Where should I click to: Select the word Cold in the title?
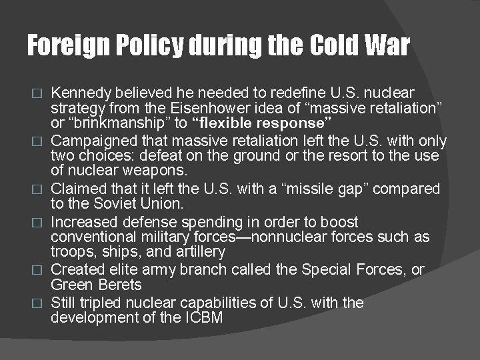334,45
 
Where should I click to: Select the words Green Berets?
97,285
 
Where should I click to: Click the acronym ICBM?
203,318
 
